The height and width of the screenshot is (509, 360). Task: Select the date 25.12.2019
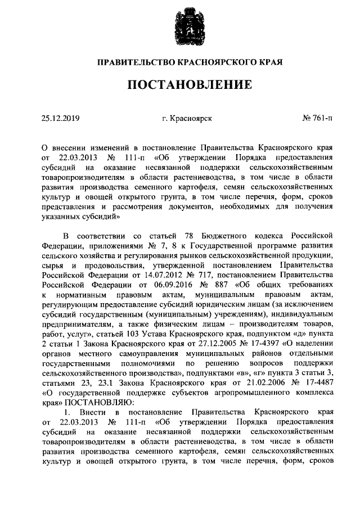pos(61,118)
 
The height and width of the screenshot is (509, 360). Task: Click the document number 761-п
pos(323,118)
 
